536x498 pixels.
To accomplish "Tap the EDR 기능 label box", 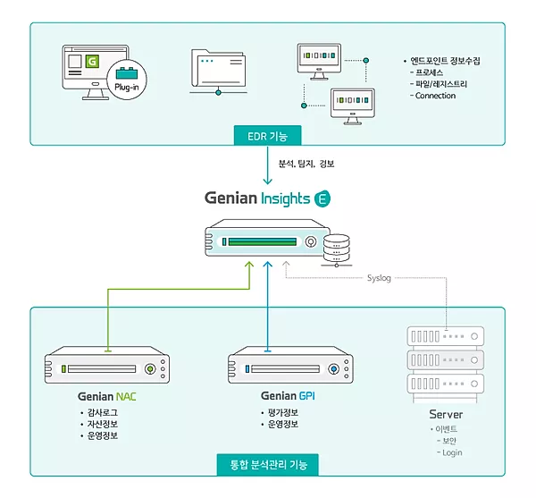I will click(x=267, y=135).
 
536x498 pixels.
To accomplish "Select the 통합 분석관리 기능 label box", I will click(x=268, y=465).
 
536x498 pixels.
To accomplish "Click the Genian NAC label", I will click(x=109, y=395).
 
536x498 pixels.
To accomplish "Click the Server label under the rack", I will click(x=445, y=415).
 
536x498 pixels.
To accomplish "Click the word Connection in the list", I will click(x=435, y=97).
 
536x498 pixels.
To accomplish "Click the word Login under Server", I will click(x=452, y=452).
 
